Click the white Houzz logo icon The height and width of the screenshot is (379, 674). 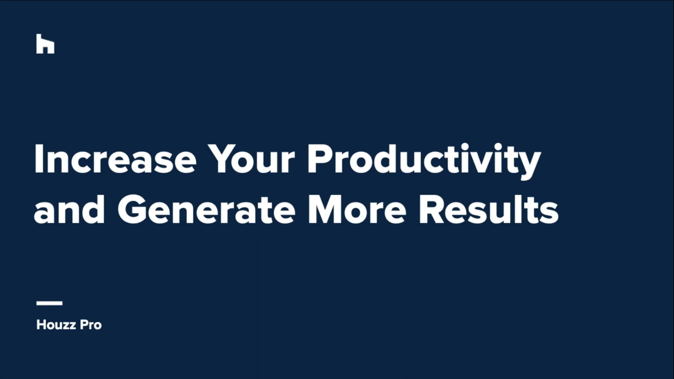[x=45, y=44]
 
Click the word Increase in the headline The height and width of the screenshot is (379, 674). [x=115, y=159]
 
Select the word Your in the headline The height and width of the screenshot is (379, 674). [x=251, y=159]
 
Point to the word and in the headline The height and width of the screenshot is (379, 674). [x=69, y=209]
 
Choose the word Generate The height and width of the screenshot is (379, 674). [x=206, y=209]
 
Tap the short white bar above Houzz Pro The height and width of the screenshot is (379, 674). [x=49, y=303]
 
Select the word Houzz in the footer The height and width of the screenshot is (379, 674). [x=56, y=325]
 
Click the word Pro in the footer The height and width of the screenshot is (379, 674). [x=91, y=325]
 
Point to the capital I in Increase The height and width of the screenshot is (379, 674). [x=38, y=159]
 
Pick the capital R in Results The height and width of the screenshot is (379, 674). [x=432, y=210]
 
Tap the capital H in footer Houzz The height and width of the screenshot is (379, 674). [x=41, y=325]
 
